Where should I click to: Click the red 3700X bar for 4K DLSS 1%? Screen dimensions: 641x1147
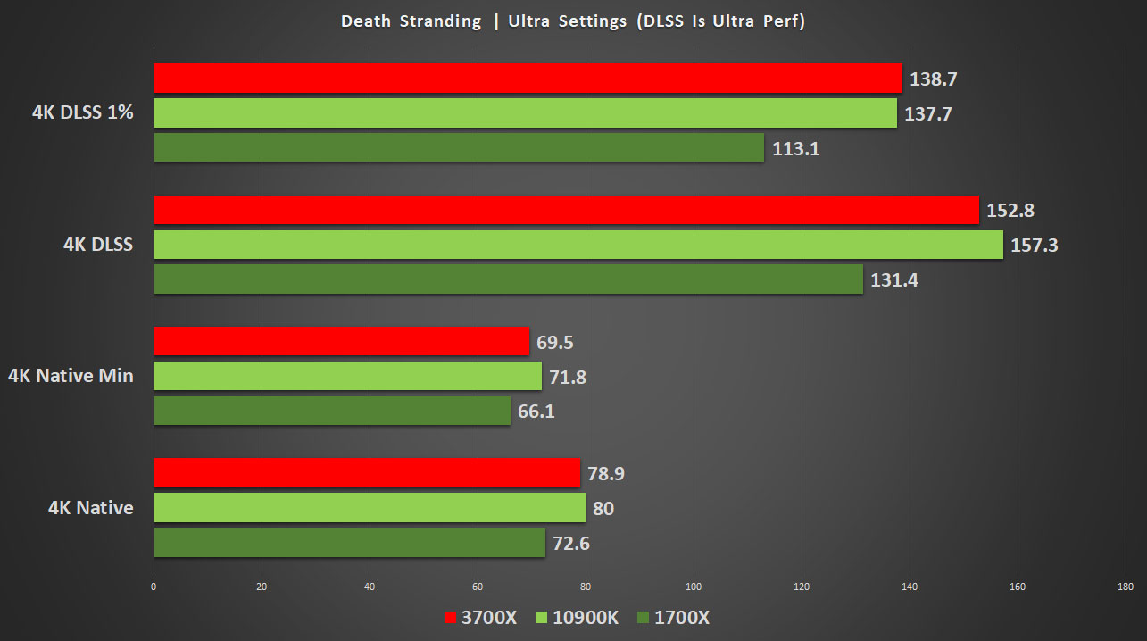[528, 79]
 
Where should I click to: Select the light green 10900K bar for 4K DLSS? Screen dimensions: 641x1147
[578, 245]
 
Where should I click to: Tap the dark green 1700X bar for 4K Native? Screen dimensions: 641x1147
[349, 543]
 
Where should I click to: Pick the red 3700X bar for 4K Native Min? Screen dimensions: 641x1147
[342, 341]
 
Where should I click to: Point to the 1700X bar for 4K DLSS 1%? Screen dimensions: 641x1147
[459, 148]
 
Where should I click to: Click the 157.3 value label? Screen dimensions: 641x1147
[1034, 245]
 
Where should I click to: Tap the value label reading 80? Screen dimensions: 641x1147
[603, 509]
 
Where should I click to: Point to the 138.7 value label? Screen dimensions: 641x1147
[934, 79]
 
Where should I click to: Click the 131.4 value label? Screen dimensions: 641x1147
[894, 280]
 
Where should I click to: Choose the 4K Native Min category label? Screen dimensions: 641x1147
[71, 376]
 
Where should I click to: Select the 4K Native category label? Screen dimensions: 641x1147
[91, 508]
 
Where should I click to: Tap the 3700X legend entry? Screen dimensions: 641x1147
[479, 618]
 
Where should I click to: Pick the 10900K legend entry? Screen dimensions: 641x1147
[576, 618]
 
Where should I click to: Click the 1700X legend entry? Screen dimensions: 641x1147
[673, 618]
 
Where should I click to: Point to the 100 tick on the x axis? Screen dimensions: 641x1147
[694, 587]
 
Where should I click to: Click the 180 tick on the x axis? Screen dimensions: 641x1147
[1125, 587]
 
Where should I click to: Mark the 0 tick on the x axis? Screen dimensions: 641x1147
[154, 587]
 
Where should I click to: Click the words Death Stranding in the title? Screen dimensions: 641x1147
[411, 21]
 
